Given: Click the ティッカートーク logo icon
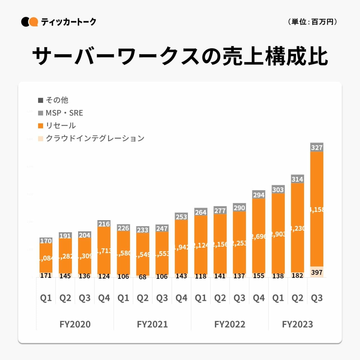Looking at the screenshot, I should coord(29,22).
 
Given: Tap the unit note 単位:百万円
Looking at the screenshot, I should coord(312,22).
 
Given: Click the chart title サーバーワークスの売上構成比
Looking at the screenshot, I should coord(180,56).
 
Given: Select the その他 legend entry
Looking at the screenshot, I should coord(53,100).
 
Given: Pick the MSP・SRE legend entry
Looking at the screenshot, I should coord(60,113).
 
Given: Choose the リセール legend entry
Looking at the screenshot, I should coord(57,125).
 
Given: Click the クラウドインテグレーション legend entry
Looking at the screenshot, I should coord(91,138).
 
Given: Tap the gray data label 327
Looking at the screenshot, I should coord(317,148).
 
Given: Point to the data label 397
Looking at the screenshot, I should coord(317,272).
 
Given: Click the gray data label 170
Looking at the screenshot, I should coord(46,241).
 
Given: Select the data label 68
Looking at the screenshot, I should coord(142,277).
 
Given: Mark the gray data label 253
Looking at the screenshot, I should coord(181,217).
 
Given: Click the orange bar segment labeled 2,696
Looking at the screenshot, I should coord(259,236).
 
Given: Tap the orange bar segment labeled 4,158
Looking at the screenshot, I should coord(317,209).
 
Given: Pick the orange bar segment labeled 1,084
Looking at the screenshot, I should coord(46,258).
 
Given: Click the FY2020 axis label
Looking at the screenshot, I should coord(75,324).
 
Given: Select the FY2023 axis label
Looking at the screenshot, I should coord(297,324).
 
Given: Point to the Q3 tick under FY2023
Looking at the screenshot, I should coord(317,298).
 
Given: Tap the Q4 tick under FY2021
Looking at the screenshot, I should coord(181,298).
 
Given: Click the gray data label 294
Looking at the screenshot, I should coord(259,195).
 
